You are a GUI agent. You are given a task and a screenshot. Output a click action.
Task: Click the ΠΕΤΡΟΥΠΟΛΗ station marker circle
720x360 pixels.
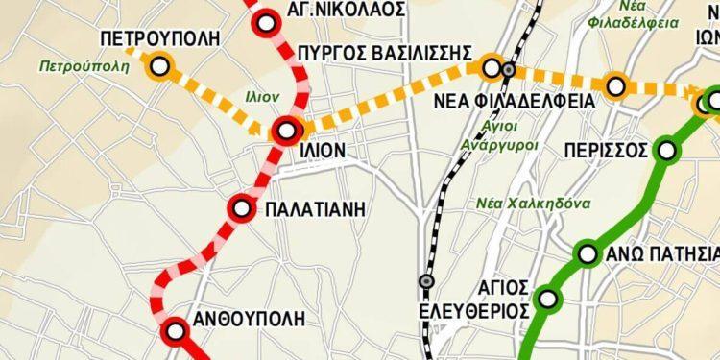click(159, 66)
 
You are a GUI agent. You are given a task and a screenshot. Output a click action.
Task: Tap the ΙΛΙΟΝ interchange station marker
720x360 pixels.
click(287, 131)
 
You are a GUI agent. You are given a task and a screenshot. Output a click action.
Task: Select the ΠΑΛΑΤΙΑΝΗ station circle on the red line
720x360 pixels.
click(242, 208)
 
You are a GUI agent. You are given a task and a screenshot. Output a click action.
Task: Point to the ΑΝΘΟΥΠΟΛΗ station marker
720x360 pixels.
click(176, 332)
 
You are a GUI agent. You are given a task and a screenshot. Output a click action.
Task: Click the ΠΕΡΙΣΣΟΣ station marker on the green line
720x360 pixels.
click(667, 151)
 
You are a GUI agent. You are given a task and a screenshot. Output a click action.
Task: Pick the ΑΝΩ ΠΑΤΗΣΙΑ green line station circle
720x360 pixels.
click(588, 254)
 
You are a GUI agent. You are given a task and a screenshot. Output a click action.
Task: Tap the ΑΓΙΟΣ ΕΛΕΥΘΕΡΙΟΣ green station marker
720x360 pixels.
click(548, 299)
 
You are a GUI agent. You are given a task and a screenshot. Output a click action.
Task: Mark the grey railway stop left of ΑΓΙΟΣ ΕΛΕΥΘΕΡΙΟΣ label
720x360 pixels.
click(426, 281)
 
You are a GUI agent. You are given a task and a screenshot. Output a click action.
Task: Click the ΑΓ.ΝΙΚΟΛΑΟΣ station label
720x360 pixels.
click(332, 11)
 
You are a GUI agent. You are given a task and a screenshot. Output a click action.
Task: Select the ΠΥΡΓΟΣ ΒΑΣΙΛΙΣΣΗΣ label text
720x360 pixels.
click(384, 51)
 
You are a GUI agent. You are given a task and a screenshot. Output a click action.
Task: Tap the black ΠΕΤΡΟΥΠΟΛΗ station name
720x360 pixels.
click(160, 38)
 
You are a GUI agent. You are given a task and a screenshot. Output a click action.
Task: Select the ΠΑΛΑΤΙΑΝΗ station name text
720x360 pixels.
click(316, 208)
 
